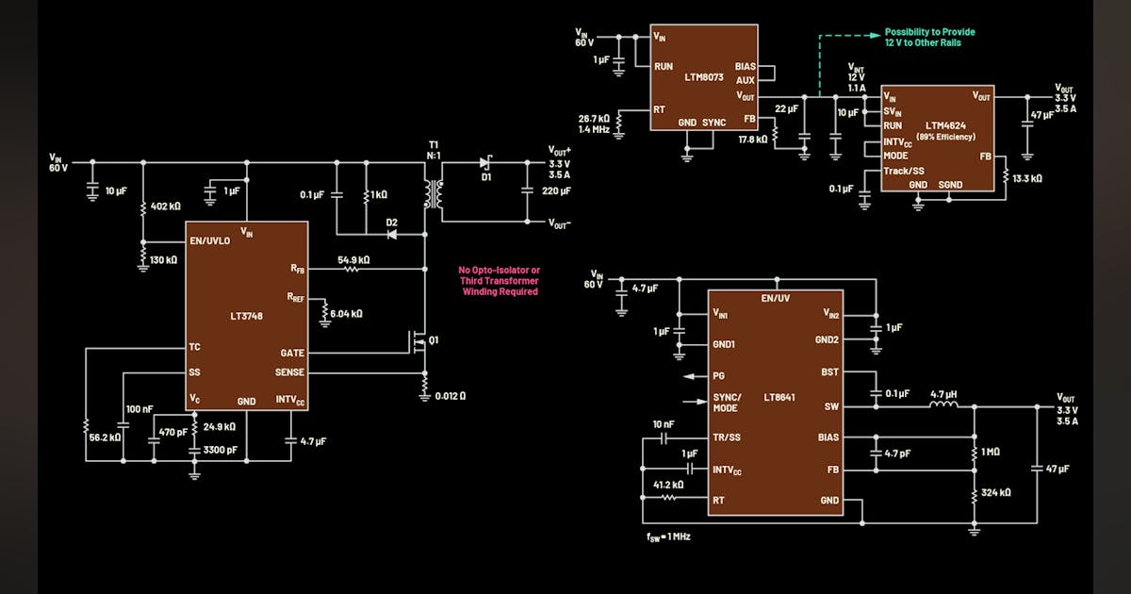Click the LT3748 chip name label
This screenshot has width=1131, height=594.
coord(246,316)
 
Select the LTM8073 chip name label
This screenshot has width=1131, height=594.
coord(702,77)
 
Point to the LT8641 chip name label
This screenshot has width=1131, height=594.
coord(779,397)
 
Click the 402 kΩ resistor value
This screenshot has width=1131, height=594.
coord(166,206)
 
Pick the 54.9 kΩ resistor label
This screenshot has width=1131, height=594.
coord(353,259)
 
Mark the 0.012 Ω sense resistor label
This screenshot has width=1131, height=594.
coord(450,395)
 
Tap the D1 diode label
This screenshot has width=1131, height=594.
coord(487,177)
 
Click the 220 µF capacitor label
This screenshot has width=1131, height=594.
coord(557,190)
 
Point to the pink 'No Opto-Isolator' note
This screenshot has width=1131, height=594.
coord(500,281)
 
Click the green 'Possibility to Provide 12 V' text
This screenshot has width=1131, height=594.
coord(929,38)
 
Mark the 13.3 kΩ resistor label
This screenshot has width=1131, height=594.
coord(1027,177)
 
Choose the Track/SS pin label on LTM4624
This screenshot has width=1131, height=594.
coord(904,171)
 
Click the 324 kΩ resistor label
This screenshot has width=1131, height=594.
coord(995,492)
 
